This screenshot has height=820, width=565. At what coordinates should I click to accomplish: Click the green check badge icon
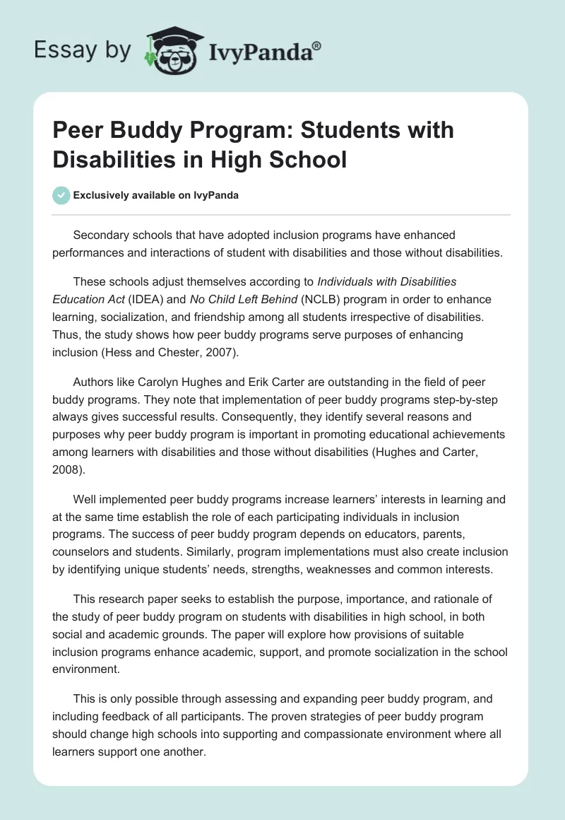[x=61, y=195]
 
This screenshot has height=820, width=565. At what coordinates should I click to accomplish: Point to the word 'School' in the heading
[x=308, y=159]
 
